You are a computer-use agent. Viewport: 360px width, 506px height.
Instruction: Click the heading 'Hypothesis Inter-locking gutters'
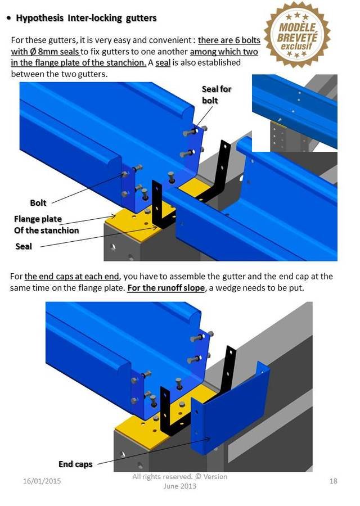(x=86, y=18)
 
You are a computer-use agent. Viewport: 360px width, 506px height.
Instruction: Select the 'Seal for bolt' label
(x=217, y=94)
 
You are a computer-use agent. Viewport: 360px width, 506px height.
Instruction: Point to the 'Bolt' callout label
(x=38, y=203)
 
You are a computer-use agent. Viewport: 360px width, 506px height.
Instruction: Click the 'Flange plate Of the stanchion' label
(x=46, y=224)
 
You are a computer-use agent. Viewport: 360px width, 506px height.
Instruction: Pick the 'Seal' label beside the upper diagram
(x=24, y=246)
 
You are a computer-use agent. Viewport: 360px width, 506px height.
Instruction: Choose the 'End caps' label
(x=75, y=464)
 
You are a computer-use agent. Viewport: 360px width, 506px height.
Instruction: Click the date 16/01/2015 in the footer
(x=42, y=481)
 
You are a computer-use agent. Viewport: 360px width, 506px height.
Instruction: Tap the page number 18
(x=333, y=481)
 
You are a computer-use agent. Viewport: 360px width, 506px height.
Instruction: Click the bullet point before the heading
(x=9, y=19)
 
